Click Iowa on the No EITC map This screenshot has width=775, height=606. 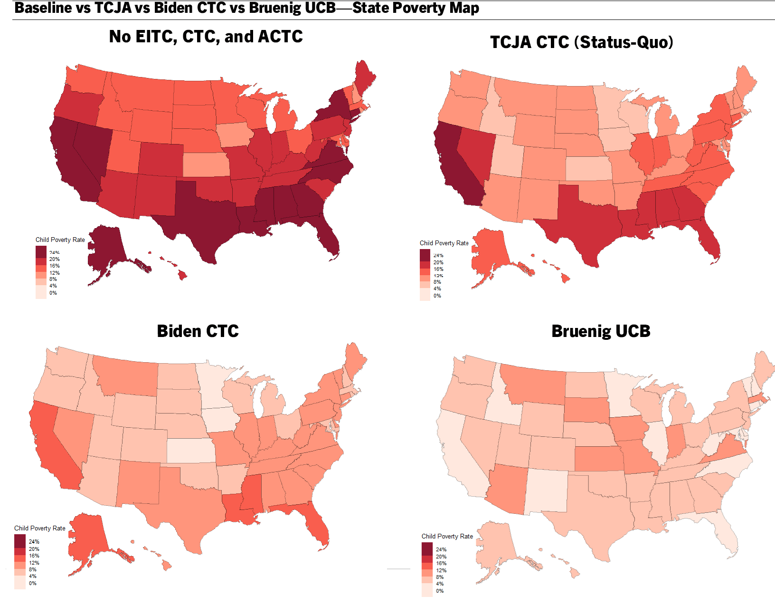(235, 135)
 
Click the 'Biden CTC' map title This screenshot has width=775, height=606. (198, 331)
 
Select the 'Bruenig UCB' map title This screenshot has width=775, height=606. (601, 331)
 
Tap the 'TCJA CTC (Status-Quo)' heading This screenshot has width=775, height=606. (581, 42)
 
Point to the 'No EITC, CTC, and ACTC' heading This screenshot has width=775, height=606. (206, 36)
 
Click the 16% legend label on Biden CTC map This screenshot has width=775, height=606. (34, 556)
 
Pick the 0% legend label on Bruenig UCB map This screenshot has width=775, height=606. (440, 591)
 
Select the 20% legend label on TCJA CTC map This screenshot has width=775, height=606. (438, 262)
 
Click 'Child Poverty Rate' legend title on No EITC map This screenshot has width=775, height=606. (60, 240)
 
